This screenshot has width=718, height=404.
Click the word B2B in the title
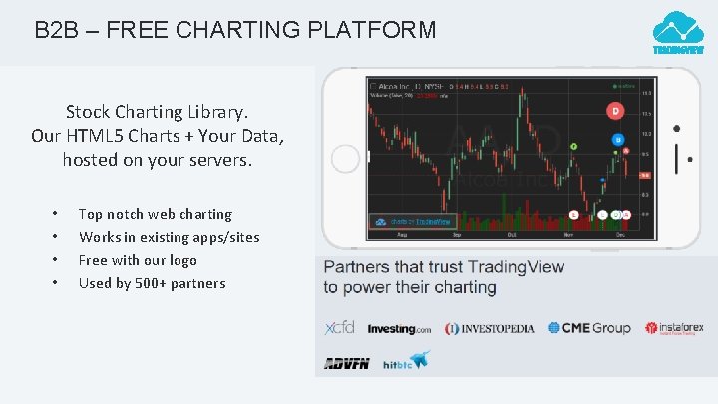point(55,30)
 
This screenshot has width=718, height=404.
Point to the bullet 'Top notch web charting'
point(155,214)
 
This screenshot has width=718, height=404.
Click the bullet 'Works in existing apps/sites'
point(169,237)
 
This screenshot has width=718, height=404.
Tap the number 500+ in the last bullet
point(157,283)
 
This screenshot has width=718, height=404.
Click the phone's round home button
point(344,158)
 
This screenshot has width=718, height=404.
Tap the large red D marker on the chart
point(616,111)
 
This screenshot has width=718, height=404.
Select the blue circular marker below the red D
point(618,139)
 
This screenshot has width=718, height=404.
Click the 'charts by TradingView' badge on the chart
point(410,222)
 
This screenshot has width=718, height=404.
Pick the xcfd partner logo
point(339,328)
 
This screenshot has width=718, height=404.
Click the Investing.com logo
point(399,329)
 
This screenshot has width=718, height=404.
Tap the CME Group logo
point(589,328)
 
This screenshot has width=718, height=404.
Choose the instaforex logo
point(674,328)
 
